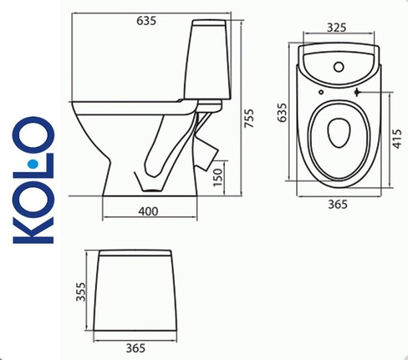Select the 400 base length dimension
point(148,212)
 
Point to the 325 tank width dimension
point(337,28)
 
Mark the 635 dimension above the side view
point(146,20)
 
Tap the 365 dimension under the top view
point(338,203)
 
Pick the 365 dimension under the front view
point(135,348)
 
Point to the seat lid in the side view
point(129,106)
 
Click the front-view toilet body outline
point(135,293)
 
